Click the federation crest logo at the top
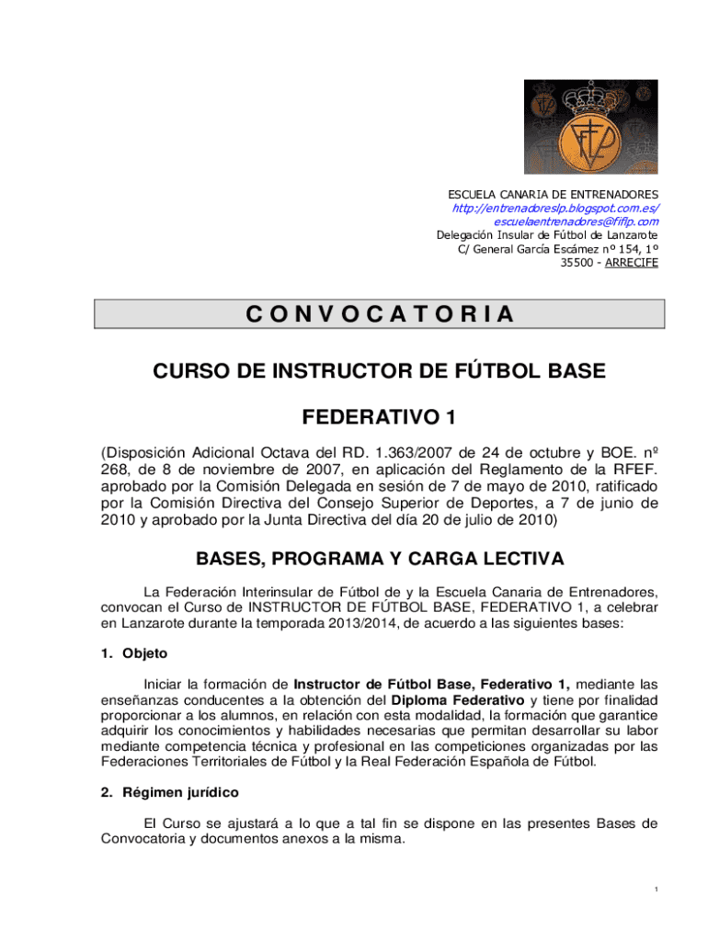591,127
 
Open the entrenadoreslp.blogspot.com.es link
555,209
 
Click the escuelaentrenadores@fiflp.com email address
576,222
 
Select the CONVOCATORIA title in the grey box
379,315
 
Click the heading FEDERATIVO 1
379,418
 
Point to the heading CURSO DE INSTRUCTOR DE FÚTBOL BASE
379,372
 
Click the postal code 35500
577,263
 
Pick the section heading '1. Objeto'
133,653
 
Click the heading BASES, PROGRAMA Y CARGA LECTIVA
379,560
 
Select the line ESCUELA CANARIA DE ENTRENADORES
553,195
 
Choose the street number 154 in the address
628,249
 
